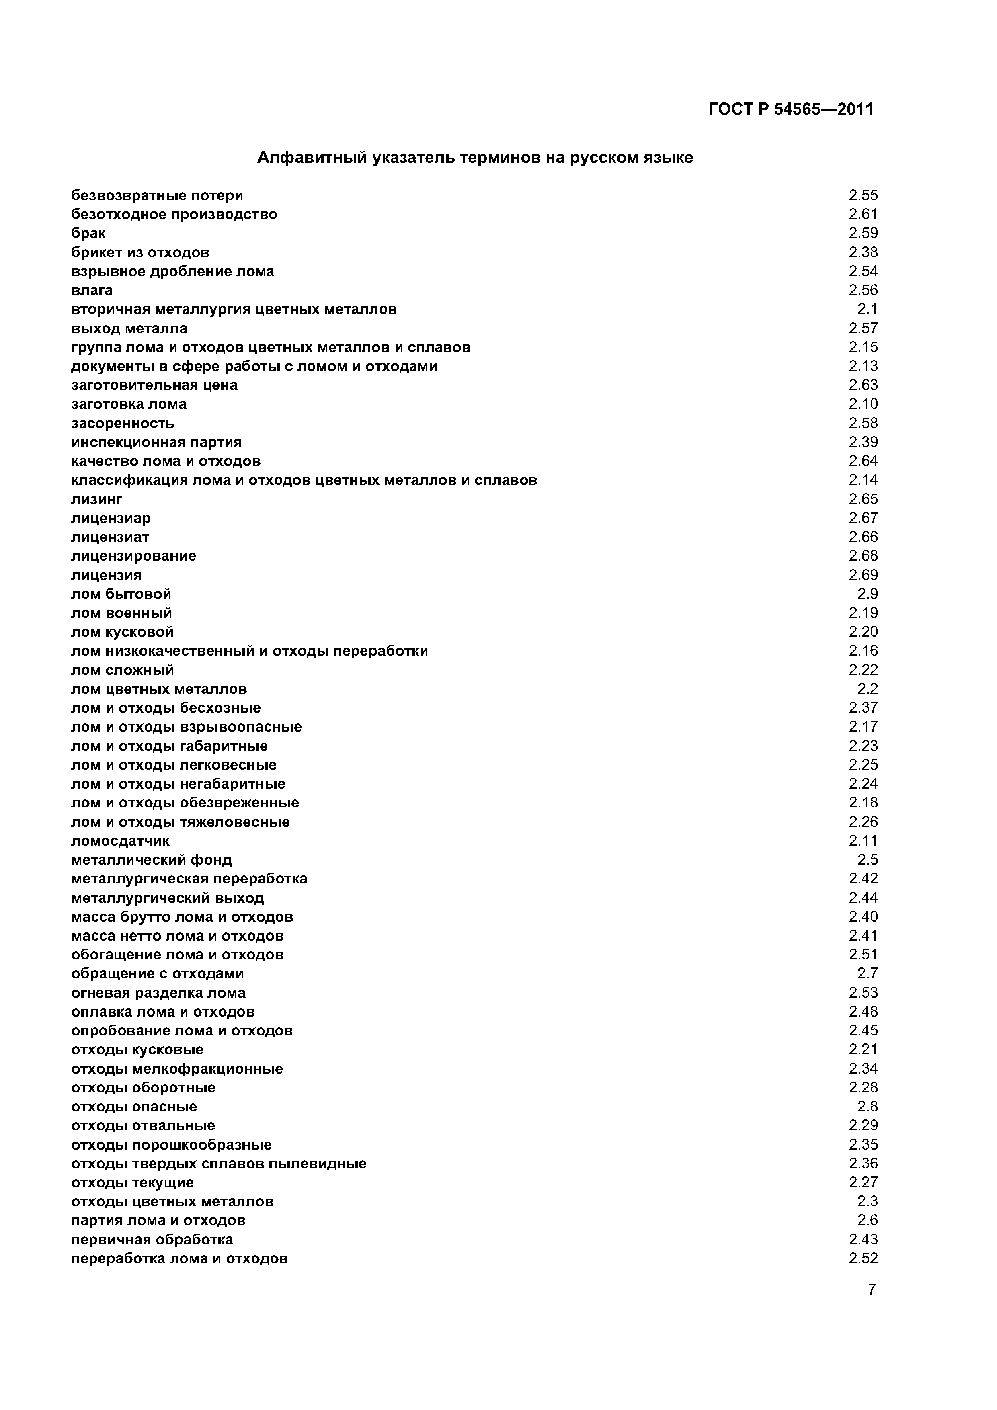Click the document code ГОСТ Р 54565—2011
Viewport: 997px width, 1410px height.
(x=791, y=109)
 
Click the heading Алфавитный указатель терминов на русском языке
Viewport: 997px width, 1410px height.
(x=474, y=158)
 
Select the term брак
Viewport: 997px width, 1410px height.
(x=88, y=234)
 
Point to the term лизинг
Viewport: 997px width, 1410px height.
(x=96, y=499)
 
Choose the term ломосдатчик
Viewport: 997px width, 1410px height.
(x=120, y=841)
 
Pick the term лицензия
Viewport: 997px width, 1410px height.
(x=106, y=576)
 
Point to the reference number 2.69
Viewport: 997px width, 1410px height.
(x=863, y=576)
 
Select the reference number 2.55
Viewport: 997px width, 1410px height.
(x=863, y=195)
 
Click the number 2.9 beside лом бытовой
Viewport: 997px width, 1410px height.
(x=868, y=594)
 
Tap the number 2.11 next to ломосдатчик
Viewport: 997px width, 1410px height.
(x=863, y=841)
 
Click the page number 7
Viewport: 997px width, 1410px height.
(x=872, y=1307)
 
